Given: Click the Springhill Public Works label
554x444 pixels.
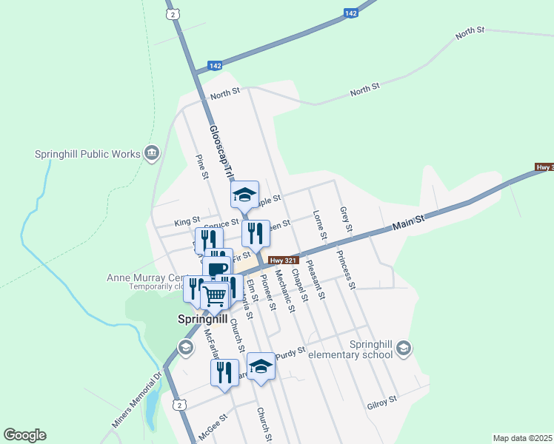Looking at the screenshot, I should (87, 154).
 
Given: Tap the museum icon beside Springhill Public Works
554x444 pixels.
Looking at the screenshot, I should (152, 153).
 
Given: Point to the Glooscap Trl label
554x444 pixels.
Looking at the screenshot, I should (219, 151).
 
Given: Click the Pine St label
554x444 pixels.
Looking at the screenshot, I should (200, 166).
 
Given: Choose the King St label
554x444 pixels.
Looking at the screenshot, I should (187, 221).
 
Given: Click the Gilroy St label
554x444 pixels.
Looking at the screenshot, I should (382, 402).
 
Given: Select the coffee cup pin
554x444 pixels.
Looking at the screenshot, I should (218, 269).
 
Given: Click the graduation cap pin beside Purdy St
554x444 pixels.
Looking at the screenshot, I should (260, 366).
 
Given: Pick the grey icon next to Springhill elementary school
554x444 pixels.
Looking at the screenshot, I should (404, 348).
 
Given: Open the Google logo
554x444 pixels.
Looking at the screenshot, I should (25, 435).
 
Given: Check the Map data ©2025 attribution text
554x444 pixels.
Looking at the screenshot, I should (522, 438).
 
